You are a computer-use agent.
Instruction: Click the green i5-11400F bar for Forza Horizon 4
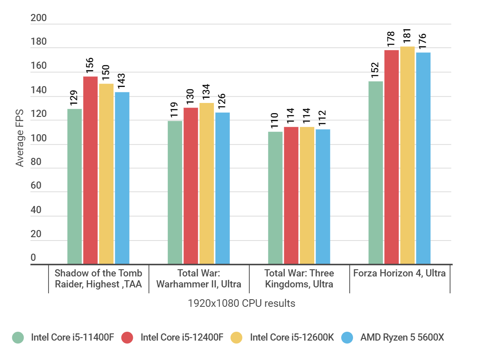(x=375, y=173)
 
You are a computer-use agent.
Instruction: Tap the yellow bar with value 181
(x=407, y=156)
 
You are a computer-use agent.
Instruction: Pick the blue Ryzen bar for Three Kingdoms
(x=323, y=197)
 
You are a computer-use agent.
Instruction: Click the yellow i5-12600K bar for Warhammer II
(x=207, y=184)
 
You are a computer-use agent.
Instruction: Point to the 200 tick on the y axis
(x=39, y=19)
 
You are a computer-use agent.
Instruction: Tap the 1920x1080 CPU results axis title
(x=241, y=303)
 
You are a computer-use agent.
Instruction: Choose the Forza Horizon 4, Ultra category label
(x=399, y=273)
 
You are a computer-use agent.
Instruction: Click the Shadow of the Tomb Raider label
(x=98, y=279)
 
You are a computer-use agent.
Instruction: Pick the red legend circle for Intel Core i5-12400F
(x=127, y=338)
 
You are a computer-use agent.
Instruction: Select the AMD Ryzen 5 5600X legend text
(x=402, y=338)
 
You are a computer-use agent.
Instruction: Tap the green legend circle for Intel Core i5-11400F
(x=18, y=338)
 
